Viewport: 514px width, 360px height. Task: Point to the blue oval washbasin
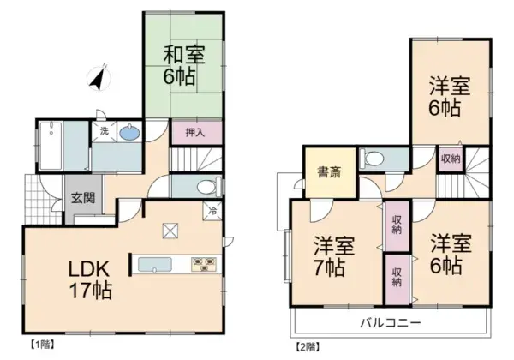pos(130,133)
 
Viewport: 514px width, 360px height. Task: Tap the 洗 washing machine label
pos(104,131)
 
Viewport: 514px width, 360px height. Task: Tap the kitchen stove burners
pos(205,264)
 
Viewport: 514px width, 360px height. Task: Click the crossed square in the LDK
pos(170,230)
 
